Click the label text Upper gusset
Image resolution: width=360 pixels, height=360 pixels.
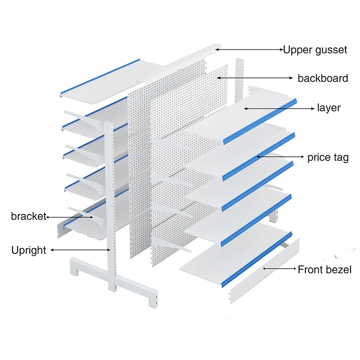[314, 49]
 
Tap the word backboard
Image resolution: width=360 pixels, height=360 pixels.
[323, 78]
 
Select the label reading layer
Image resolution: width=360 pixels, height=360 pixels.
[329, 108]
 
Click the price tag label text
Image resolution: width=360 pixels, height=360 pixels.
[328, 157]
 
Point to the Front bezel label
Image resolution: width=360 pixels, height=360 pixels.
[324, 269]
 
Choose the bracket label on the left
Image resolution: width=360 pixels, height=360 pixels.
[28, 216]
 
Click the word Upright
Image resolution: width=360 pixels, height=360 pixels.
[29, 250]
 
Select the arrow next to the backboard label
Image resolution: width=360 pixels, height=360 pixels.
[254, 77]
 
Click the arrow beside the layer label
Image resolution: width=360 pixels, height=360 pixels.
[278, 108]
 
